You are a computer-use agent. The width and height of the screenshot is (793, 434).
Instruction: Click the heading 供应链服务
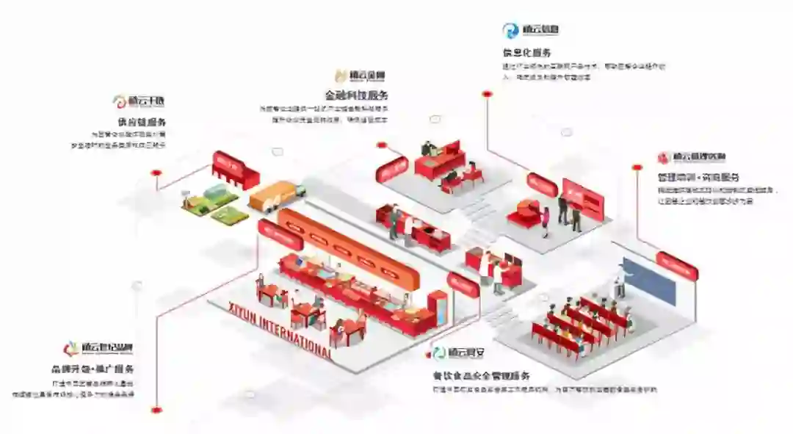tap(141, 122)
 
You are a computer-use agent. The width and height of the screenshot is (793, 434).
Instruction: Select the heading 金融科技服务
tap(357, 95)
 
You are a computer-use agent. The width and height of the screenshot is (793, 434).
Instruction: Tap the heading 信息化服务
tap(526, 53)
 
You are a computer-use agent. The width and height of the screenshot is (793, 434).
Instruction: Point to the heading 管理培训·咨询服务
tap(698, 177)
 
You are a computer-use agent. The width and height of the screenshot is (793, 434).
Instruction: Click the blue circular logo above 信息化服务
tap(510, 30)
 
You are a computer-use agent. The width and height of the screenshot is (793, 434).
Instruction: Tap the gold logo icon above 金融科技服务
tap(341, 75)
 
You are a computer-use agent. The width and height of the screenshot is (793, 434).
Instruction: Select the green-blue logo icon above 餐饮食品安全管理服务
tap(439, 352)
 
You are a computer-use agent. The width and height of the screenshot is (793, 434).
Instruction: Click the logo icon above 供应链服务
tap(119, 101)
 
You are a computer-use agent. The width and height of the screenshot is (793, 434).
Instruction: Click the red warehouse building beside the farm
tap(235, 170)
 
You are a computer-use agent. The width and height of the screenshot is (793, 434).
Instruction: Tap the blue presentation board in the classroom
tap(649, 281)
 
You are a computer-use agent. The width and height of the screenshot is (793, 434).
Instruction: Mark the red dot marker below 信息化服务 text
tap(485, 93)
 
